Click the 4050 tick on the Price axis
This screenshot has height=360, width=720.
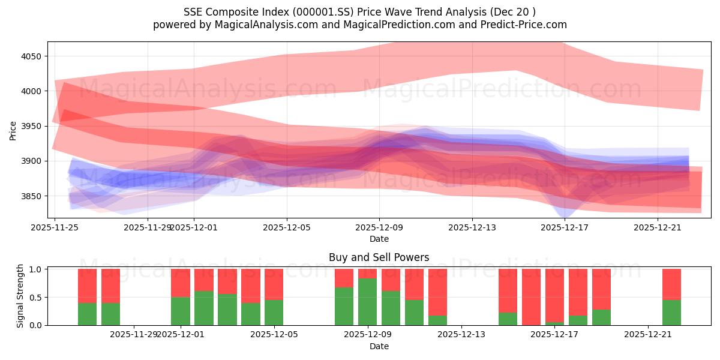[x=35, y=56]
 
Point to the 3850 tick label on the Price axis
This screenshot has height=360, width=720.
[x=35, y=196]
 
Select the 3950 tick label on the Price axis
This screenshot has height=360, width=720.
[x=35, y=126]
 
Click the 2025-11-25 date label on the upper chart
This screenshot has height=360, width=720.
[x=55, y=227]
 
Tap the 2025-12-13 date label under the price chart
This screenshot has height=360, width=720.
[x=472, y=227]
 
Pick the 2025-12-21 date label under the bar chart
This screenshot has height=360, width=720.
[x=648, y=335]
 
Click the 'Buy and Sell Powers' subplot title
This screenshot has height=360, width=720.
[x=379, y=257]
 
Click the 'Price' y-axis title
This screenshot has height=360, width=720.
[x=13, y=130]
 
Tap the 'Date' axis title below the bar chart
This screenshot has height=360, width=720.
[x=379, y=346]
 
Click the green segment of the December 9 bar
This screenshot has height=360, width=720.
[x=368, y=302]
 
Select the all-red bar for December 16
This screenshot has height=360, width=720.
[x=531, y=297]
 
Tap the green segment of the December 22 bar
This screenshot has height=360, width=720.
[x=671, y=313]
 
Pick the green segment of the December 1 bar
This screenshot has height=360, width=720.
[x=181, y=311]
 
